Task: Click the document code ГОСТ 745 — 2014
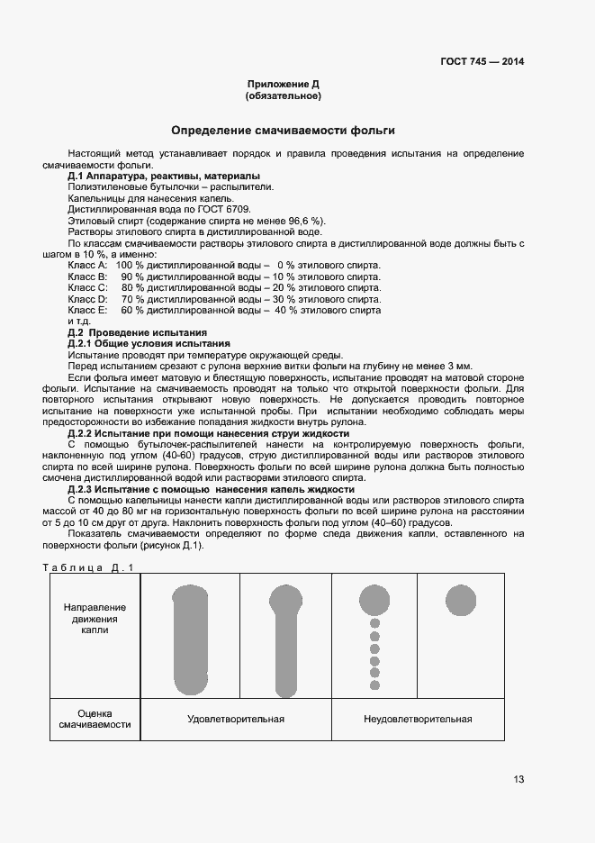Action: click(482, 62)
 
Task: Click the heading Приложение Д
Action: click(284, 84)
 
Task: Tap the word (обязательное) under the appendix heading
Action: click(284, 95)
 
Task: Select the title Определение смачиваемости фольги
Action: click(284, 131)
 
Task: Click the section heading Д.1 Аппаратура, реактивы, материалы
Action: click(164, 176)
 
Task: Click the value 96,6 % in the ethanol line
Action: click(305, 221)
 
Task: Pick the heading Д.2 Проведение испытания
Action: click(138, 332)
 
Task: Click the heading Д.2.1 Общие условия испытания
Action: click(149, 344)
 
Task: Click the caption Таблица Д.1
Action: click(88, 567)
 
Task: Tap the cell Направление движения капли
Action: click(95, 619)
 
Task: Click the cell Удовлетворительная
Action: click(236, 719)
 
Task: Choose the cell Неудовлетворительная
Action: click(418, 719)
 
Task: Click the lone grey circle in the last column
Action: click(461, 598)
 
